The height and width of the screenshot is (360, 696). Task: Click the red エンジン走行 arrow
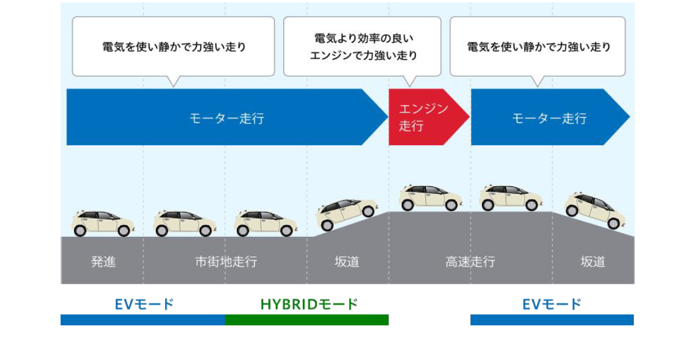coord(424,117)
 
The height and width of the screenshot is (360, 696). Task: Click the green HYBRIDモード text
coord(308,304)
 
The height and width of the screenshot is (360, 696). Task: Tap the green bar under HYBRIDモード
coord(307,320)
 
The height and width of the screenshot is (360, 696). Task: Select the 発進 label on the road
coord(103,262)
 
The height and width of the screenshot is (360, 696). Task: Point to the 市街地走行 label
coord(226,262)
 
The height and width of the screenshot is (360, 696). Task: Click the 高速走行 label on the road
coord(470,262)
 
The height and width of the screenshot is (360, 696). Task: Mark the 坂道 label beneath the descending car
coord(592,262)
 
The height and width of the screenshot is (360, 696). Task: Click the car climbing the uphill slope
coord(347,213)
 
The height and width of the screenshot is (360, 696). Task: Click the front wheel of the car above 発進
coord(124,231)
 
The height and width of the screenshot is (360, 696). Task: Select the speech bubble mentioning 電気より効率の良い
coord(362,47)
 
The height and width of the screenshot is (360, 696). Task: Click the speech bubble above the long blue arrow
coord(173,46)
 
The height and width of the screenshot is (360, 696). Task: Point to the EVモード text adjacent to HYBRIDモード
coord(144,304)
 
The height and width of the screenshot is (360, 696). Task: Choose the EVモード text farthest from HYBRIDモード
coord(551,304)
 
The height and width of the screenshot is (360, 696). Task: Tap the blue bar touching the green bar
coord(143,320)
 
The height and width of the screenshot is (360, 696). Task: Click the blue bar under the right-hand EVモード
coord(551,320)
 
